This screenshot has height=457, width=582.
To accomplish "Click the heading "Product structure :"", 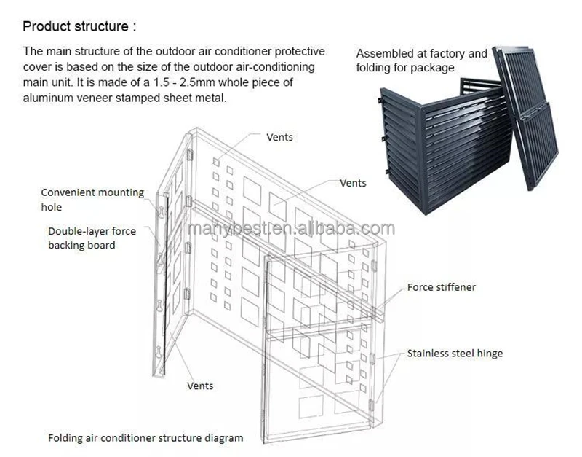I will point(79,27).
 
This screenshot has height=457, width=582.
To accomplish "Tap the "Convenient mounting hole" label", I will point(92,200).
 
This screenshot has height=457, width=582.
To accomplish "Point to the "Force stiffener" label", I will point(441,287).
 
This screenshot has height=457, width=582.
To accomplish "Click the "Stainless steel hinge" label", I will point(455,354).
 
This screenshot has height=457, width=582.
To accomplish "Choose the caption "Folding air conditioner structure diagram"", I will point(145,438).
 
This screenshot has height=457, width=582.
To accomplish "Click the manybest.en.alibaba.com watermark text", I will point(291,230).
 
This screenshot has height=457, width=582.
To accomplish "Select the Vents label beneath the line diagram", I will point(200,386).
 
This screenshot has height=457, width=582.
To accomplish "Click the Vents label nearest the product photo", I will point(353,183).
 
